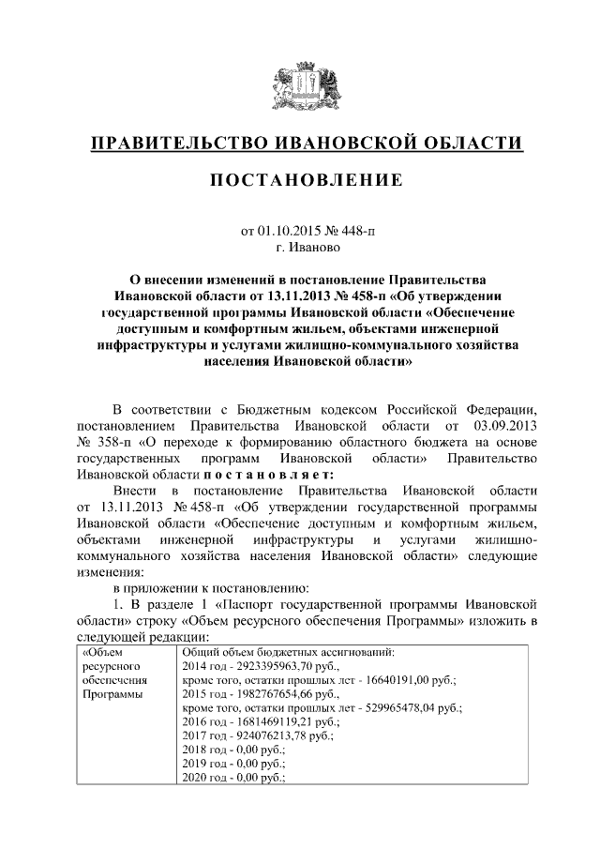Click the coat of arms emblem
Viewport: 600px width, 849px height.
[300, 83]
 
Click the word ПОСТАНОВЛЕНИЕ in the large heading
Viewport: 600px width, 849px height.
[300, 179]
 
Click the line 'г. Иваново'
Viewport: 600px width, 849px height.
[301, 248]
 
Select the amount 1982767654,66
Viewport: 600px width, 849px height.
[271, 694]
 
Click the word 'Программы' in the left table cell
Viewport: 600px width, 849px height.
[108, 694]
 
